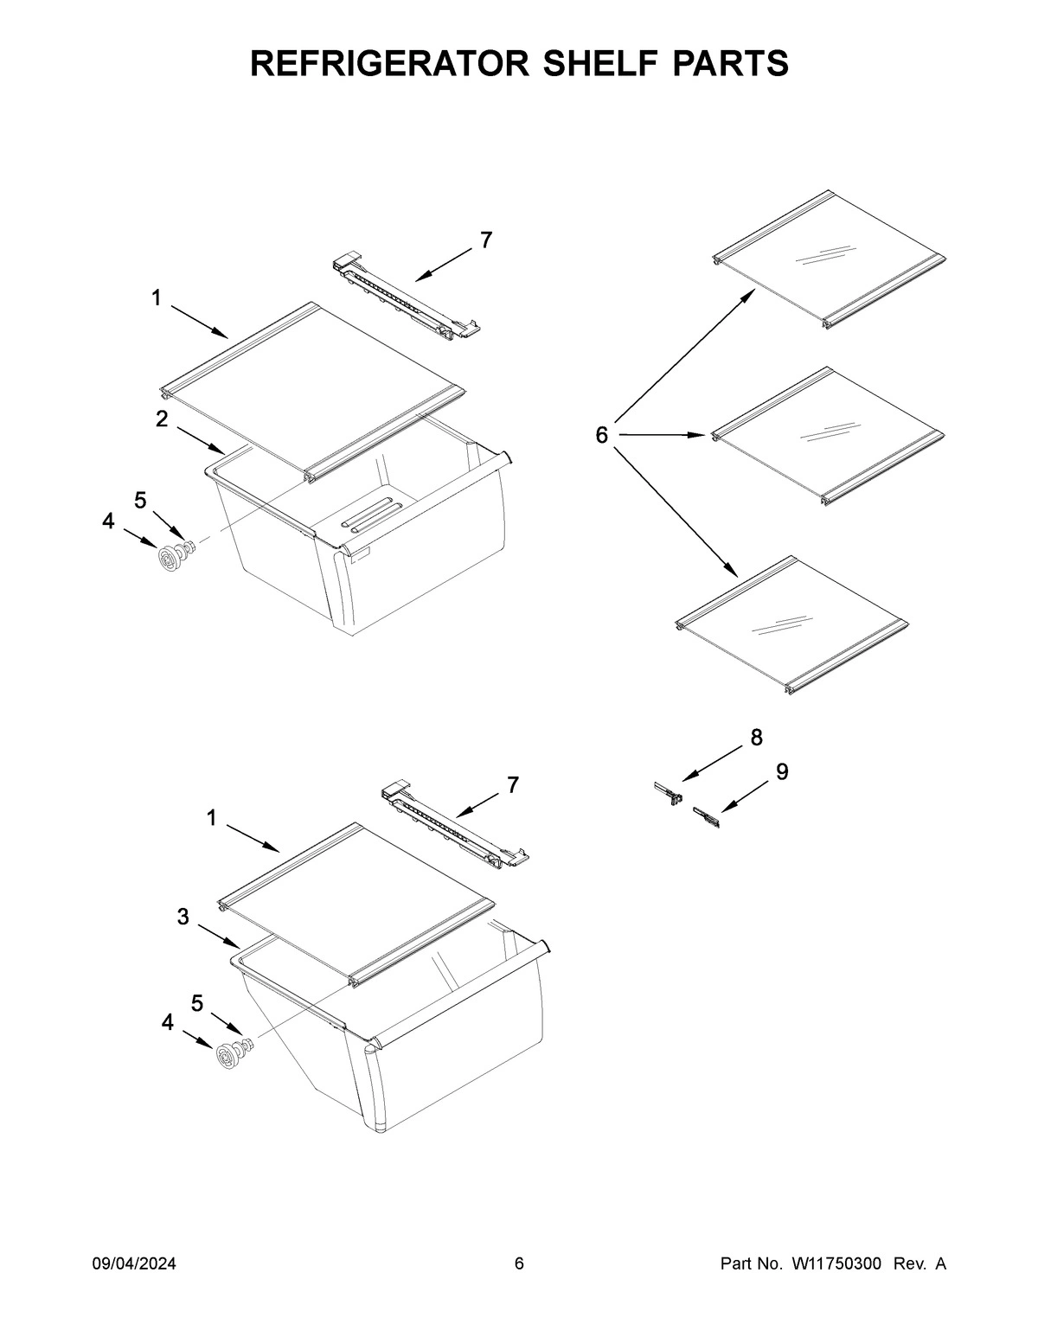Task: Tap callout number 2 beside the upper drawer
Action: (x=162, y=419)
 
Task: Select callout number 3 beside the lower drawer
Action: (x=183, y=918)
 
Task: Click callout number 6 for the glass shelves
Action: (x=602, y=435)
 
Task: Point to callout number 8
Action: (x=756, y=738)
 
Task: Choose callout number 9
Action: (x=781, y=772)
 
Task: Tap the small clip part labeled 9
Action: (x=706, y=817)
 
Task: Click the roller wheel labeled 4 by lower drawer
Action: (x=227, y=1057)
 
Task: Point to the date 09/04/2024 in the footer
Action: (x=134, y=1264)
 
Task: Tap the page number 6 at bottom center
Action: (x=519, y=1264)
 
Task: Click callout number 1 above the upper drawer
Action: (x=157, y=298)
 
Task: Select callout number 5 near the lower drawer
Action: (x=197, y=1003)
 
